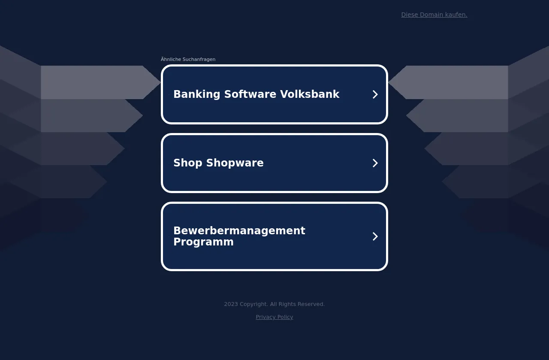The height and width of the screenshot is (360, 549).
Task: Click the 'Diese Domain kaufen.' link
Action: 434,15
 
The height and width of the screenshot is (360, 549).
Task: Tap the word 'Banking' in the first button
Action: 197,94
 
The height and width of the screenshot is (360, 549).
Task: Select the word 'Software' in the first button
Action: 250,94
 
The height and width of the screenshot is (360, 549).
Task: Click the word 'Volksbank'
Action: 310,94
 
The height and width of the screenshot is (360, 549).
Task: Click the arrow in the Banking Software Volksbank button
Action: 375,94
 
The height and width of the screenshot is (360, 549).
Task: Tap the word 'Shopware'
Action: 235,163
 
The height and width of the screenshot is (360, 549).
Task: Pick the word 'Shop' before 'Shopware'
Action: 188,163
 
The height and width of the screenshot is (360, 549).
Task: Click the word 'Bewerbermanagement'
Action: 239,231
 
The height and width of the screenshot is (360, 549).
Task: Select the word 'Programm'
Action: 203,242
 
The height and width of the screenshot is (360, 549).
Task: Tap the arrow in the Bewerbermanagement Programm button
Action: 375,236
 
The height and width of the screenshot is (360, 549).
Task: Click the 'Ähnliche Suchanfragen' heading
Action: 188,59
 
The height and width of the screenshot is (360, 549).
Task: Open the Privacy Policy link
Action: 274,317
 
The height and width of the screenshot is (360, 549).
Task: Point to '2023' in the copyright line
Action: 231,304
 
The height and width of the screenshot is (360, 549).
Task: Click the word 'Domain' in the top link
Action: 431,15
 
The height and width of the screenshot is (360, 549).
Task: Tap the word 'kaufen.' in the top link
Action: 456,15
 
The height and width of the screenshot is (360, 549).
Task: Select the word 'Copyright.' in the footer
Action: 253,304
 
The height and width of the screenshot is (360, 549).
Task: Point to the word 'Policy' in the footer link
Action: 285,317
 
